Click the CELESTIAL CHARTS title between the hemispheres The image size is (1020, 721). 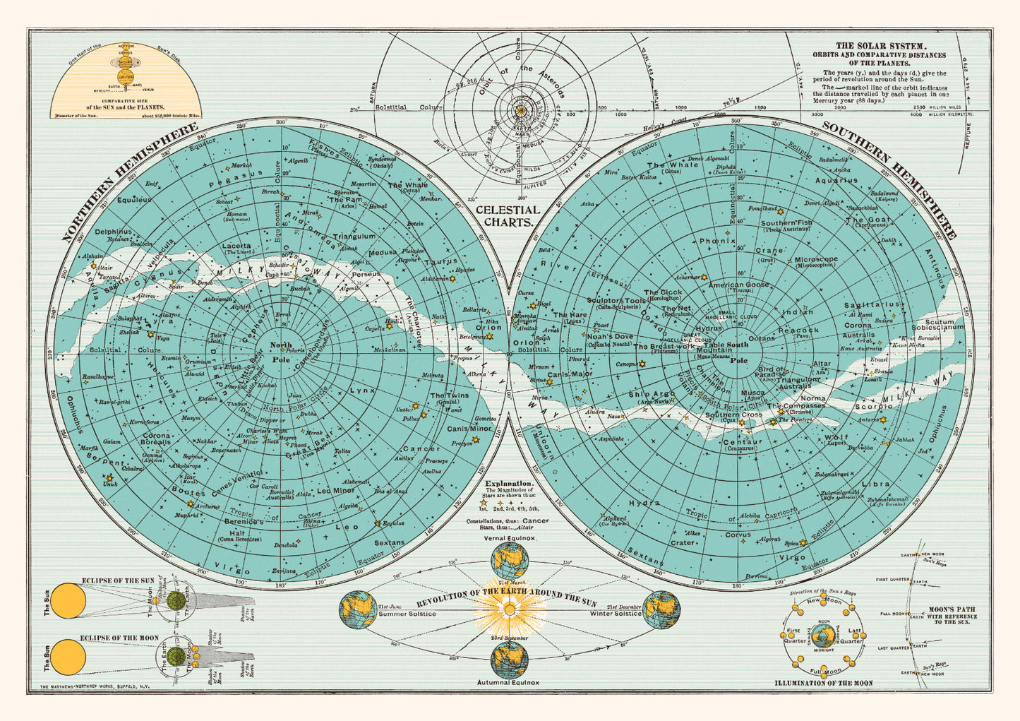(x=508, y=215)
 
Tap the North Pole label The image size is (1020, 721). (x=281, y=352)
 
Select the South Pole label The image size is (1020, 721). (x=738, y=352)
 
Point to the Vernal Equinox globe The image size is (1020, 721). (x=510, y=560)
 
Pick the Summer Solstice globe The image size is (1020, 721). (x=359, y=609)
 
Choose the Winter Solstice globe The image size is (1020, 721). (x=661, y=609)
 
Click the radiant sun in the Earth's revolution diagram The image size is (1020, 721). (x=509, y=608)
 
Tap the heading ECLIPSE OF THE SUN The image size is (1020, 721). (x=118, y=580)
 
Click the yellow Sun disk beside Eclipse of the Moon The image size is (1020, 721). (x=68, y=657)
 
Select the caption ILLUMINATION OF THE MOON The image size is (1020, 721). (x=823, y=683)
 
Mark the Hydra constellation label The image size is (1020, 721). (x=644, y=503)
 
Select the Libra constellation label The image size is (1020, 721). (x=876, y=484)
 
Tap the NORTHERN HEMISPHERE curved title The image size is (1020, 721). (x=127, y=182)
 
